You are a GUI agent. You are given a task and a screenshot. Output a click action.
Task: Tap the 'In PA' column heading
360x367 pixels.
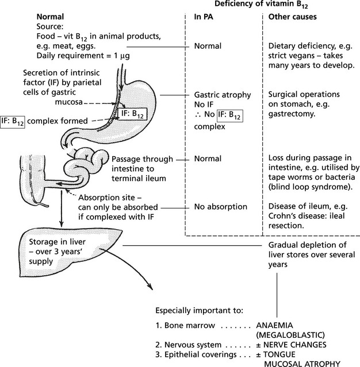pos(205,18)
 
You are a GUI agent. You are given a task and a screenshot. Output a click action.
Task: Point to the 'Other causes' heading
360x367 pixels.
pos(293,18)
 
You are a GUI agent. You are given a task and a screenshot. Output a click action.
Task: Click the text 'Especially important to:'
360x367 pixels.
pos(196,311)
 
